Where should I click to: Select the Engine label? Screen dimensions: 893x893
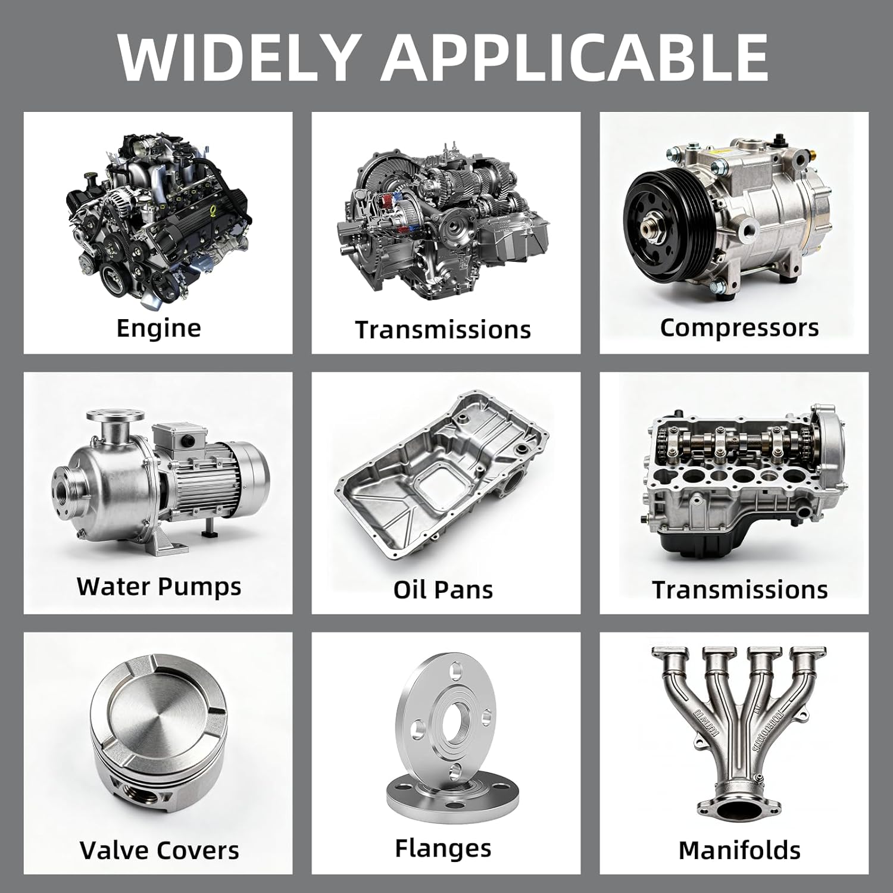(159, 328)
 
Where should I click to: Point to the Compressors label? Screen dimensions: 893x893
(739, 328)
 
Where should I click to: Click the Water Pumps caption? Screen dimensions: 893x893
(159, 587)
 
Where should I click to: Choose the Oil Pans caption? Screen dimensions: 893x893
(444, 589)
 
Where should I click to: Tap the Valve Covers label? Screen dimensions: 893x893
(159, 850)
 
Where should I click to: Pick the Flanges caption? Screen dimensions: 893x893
(444, 848)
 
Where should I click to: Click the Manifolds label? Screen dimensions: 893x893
(739, 850)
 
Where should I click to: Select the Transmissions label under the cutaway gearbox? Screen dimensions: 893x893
(444, 330)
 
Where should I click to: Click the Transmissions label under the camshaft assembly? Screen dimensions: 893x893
(740, 590)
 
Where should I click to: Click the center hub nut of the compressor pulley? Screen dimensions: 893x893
(652, 228)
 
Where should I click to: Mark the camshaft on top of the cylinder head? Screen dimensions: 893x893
(738, 444)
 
